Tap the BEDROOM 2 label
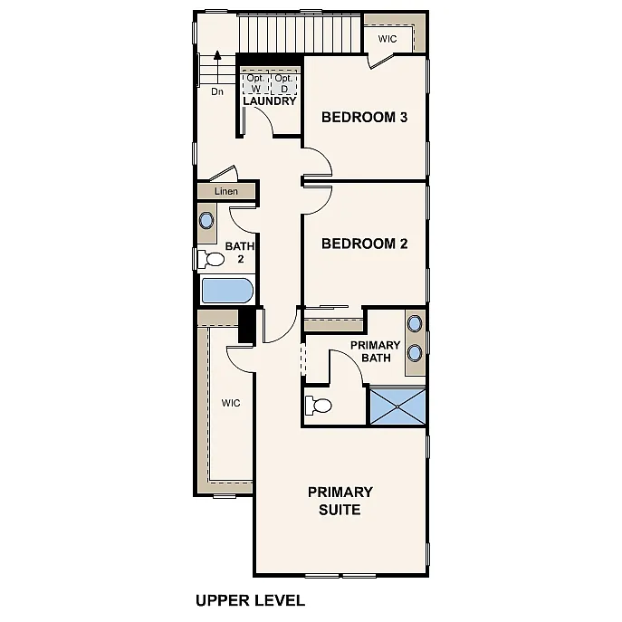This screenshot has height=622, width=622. pos(359,244)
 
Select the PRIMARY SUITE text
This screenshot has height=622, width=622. pos(340,501)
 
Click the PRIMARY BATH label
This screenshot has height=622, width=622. pos(375,351)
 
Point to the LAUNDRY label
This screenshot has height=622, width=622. pos(269,101)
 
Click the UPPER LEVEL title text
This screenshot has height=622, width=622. pos(250,599)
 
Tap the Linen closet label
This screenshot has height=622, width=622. pos(226,192)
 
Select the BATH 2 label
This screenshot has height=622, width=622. pos(240,253)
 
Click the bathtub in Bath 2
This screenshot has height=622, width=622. pos(226,291)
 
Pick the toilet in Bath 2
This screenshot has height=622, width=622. pos(214,260)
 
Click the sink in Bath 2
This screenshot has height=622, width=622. pos(207,220)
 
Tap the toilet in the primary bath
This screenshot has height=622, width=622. pos(319,404)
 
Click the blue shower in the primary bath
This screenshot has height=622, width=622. pos(397,405)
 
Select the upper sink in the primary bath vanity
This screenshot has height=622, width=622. pos(415,323)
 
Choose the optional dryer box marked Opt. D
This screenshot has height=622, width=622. pos(283,83)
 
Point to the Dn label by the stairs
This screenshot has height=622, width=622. pos(217,91)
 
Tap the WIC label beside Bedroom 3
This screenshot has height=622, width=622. pos(388,39)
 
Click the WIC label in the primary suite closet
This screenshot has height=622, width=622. pos(231,403)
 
